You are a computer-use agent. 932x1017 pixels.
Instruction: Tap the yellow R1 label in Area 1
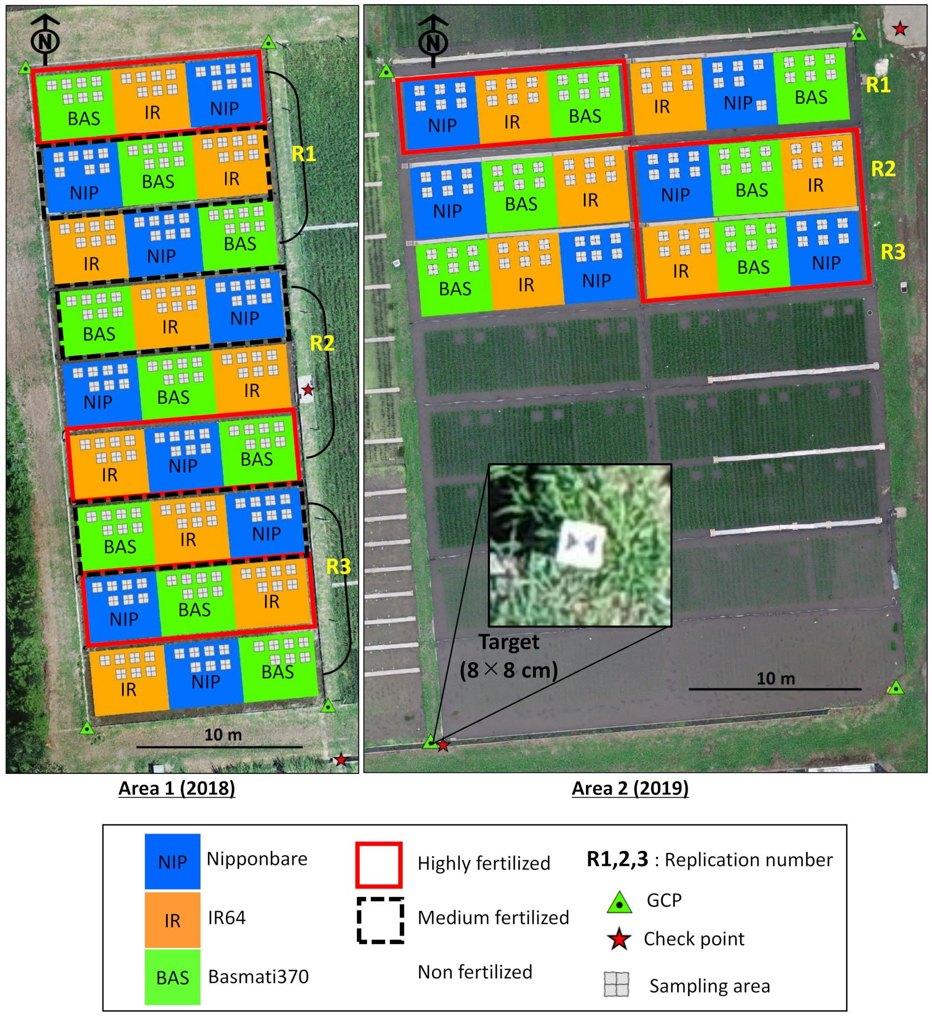tap(304, 154)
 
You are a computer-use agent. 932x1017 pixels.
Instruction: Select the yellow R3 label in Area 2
tap(893, 252)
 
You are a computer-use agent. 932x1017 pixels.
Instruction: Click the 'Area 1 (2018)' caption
tap(177, 788)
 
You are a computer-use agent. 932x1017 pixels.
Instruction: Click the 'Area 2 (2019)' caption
tap(630, 788)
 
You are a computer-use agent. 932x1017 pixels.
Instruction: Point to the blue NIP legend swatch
tap(172, 862)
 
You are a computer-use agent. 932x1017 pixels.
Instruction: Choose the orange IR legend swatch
tap(172, 920)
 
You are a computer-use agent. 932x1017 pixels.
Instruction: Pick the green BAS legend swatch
tap(172, 977)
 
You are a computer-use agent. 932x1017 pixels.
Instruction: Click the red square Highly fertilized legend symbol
tap(379, 865)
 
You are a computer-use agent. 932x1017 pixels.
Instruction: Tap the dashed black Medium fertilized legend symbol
tap(380, 920)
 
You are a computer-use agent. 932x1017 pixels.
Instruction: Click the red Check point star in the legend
tap(619, 939)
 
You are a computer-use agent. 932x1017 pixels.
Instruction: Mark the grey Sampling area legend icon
tap(617, 984)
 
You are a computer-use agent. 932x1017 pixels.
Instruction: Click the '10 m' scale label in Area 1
tap(223, 735)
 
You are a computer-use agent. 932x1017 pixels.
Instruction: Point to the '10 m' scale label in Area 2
tap(775, 678)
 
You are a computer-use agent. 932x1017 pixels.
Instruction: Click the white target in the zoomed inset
tap(580, 544)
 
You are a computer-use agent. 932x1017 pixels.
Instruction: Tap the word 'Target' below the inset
tap(509, 642)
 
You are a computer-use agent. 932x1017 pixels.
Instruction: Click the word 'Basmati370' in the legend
tap(258, 977)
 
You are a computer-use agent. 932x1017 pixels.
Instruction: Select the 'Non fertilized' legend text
tap(474, 972)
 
